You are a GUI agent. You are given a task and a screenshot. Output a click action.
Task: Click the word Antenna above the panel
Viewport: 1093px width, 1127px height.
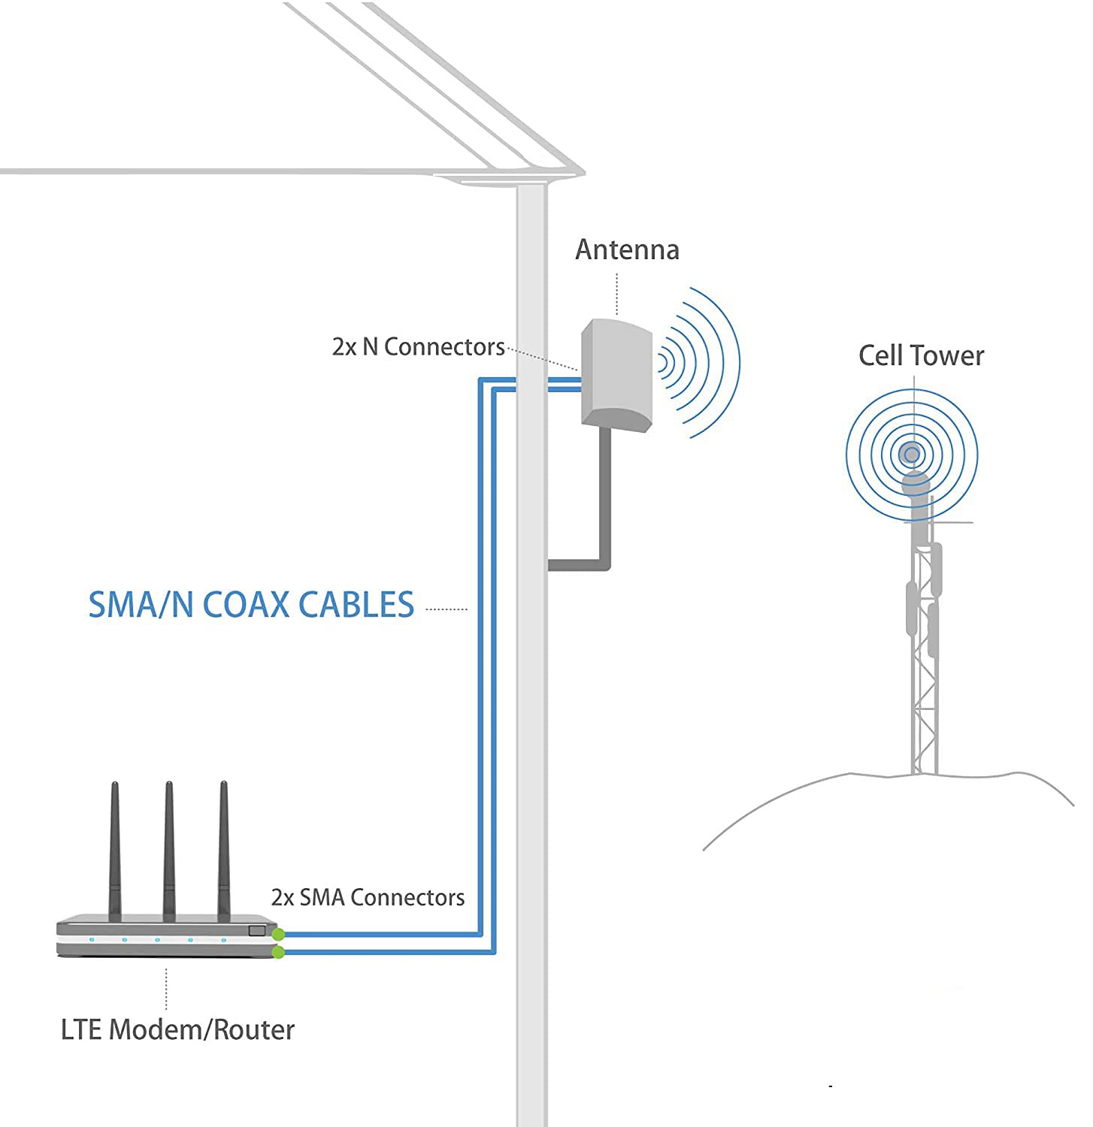627,249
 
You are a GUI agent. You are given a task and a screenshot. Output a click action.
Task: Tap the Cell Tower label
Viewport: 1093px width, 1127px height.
921,355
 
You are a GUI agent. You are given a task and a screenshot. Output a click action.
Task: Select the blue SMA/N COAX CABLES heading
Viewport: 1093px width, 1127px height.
251,605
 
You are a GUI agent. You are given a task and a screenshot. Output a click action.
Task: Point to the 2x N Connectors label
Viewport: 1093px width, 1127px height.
418,346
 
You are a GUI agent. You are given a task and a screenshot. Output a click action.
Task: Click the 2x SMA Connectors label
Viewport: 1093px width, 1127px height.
368,897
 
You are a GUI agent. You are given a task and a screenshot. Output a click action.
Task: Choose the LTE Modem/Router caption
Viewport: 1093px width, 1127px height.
177,1029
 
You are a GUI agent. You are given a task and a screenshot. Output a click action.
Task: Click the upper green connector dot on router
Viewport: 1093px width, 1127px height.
278,935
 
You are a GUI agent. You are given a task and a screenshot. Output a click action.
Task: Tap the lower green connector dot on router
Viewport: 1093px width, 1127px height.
278,953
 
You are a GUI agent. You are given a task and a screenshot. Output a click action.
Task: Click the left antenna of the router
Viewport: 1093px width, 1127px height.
115,849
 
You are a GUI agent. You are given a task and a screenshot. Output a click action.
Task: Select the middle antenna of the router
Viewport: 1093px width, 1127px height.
169,849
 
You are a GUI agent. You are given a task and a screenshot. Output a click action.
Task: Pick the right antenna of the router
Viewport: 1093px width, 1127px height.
223,849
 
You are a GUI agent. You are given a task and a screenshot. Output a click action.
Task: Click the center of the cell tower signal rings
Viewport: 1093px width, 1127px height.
912,454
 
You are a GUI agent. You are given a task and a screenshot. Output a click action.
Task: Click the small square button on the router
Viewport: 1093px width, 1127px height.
257,931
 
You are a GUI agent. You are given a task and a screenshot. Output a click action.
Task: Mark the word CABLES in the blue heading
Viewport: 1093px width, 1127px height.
356,605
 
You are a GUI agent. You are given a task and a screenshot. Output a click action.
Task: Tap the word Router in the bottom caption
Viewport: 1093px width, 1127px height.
254,1029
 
